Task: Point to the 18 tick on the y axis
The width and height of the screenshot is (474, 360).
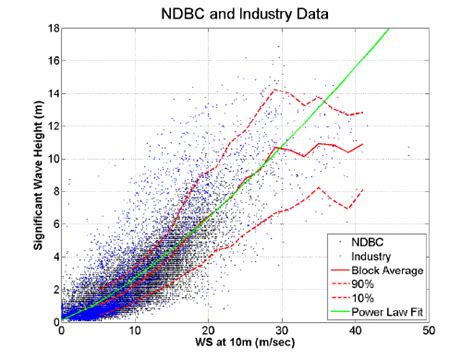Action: point(50,28)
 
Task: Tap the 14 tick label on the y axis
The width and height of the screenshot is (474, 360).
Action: point(50,93)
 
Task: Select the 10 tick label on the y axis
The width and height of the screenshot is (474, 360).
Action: point(50,158)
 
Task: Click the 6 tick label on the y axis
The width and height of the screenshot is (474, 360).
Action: point(53,224)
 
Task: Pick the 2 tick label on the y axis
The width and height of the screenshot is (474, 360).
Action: point(53,289)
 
